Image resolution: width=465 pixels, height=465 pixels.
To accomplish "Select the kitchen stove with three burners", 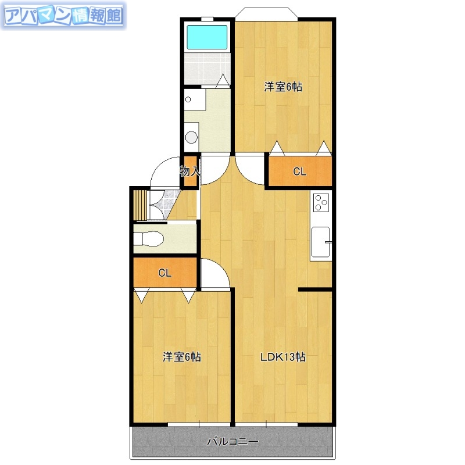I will [x=321, y=202].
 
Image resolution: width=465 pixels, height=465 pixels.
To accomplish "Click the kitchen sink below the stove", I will [x=321, y=242].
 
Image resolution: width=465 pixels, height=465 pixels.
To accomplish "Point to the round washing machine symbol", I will [x=191, y=138].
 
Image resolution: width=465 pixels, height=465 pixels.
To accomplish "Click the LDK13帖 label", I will [x=282, y=357].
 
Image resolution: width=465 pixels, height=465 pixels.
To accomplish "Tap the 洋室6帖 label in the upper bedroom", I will [x=283, y=87].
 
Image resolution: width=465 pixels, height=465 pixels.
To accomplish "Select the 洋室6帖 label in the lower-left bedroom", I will [x=181, y=357].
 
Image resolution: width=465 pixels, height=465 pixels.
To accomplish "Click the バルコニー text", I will [x=233, y=442].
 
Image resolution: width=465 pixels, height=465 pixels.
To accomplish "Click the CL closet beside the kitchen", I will [x=299, y=172].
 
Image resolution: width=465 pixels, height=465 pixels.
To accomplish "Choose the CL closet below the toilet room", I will [x=165, y=273].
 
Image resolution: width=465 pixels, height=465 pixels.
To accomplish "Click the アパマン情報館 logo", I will [x=63, y=16].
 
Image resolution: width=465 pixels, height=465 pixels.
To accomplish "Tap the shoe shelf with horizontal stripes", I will [x=139, y=205].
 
